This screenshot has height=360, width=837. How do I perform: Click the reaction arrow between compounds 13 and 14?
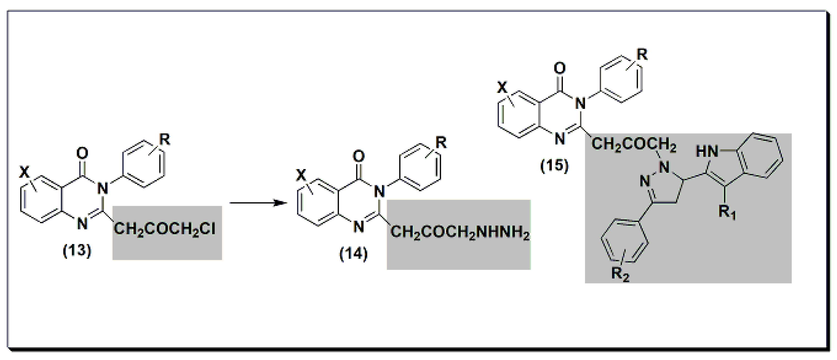tap(258, 203)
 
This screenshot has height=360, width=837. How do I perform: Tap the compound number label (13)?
tap(77, 251)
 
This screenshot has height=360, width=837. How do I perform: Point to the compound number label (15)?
tap(554, 165)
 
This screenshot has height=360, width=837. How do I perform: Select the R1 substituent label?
tap(727, 213)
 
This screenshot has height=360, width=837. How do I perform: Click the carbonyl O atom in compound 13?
tap(82, 153)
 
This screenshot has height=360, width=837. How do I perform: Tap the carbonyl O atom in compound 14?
tap(359, 156)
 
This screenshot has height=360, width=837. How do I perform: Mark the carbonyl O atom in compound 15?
tap(559, 68)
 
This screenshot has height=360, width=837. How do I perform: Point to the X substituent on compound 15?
tap(502, 88)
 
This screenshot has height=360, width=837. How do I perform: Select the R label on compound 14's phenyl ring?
tap(441, 143)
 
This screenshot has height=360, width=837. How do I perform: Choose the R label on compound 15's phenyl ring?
tap(642, 55)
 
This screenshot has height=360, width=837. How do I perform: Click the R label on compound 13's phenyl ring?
tap(164, 140)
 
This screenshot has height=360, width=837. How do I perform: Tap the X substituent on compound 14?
tap(301, 176)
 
